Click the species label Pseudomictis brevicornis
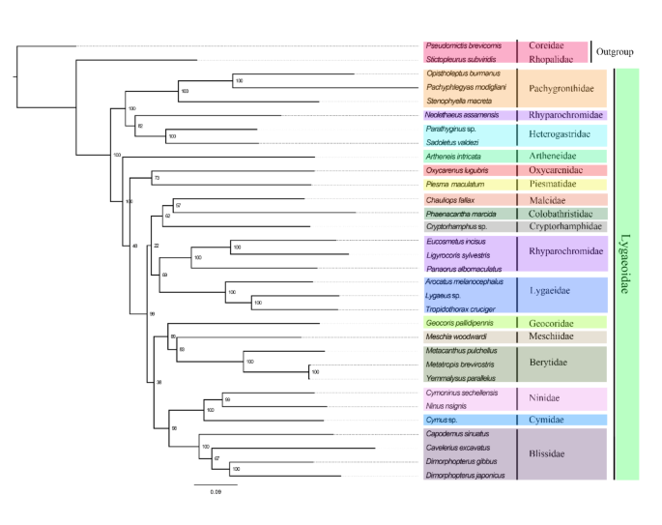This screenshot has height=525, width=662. pos(462,45)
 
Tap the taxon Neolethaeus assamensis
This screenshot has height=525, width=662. pos(460,115)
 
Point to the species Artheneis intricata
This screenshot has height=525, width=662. pos(452,157)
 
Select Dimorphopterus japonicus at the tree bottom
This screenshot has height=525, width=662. pos(465,476)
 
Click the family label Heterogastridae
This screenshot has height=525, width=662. pos(561,135)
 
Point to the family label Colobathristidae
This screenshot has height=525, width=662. pos(563,213)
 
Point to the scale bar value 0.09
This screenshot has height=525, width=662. pos(216,492)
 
